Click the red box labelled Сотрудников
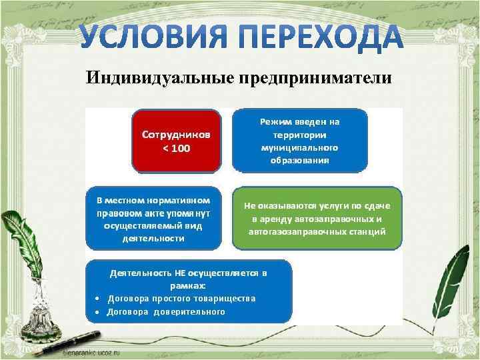176,141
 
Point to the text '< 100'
176,148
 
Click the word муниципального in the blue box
299,147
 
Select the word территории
299,135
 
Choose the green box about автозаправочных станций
317,218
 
